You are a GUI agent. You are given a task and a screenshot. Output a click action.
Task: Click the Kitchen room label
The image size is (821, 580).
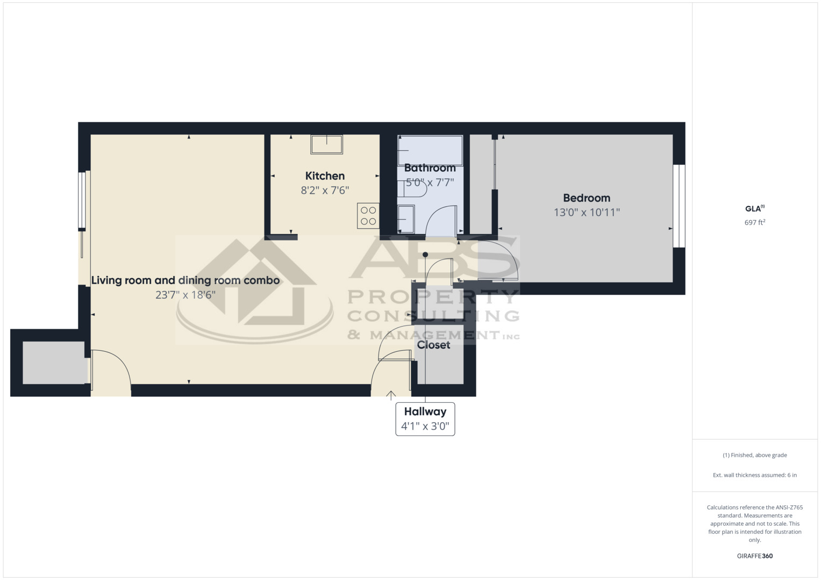325,176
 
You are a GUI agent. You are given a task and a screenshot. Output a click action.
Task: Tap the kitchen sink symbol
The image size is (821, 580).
326,144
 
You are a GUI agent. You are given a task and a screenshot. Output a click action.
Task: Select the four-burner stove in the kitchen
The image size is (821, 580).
368,216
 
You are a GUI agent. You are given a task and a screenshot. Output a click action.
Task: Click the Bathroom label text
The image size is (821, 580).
430,168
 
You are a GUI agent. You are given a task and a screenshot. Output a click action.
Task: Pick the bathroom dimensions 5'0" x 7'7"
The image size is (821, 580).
430,183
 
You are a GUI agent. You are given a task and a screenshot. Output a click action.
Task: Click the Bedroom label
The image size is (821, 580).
586,198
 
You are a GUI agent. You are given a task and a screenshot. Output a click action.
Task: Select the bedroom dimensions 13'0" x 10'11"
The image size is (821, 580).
587,213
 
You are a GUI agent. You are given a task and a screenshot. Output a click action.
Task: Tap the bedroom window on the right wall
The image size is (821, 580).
679,206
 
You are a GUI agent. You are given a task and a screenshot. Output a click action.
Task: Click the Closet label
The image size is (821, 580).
433,345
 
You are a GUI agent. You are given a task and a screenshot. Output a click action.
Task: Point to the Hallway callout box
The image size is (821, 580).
425,419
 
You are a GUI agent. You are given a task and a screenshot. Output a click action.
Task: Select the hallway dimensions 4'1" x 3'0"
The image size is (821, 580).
425,427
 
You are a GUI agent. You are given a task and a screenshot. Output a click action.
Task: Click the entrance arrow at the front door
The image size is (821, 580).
391,396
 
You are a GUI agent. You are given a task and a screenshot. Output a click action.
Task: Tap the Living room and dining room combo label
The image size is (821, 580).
185,280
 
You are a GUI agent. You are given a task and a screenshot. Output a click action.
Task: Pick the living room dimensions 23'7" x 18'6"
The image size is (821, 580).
185,295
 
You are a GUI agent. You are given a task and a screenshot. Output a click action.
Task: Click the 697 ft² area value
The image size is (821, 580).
754,222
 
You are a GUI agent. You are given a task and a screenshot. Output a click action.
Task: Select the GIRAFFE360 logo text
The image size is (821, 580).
754,556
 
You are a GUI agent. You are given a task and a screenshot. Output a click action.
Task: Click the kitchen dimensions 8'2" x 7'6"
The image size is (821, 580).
325,190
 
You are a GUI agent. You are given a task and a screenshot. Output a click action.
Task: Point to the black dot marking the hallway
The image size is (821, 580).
425,255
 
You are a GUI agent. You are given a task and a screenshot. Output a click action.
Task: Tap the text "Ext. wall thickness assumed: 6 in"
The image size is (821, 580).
754,475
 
